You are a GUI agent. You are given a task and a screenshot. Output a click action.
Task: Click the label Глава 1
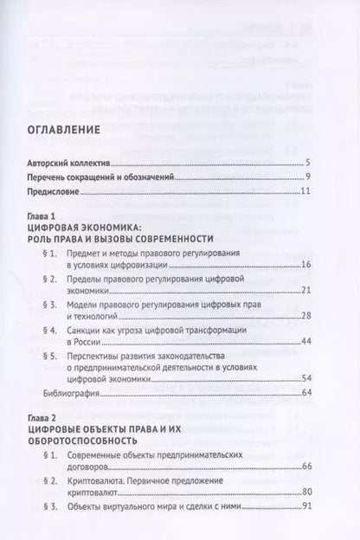point(50,224)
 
